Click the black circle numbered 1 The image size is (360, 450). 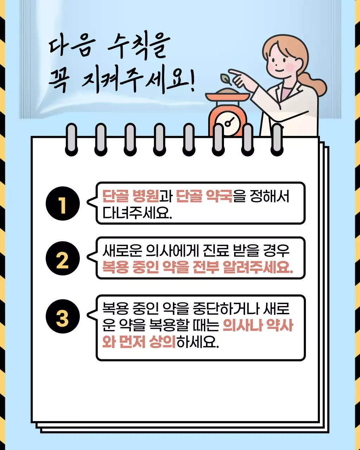(63, 204)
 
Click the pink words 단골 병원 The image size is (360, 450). (131, 196)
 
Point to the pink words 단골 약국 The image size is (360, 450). (204, 196)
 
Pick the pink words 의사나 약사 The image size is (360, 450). (258, 325)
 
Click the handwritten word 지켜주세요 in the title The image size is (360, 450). (137, 83)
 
